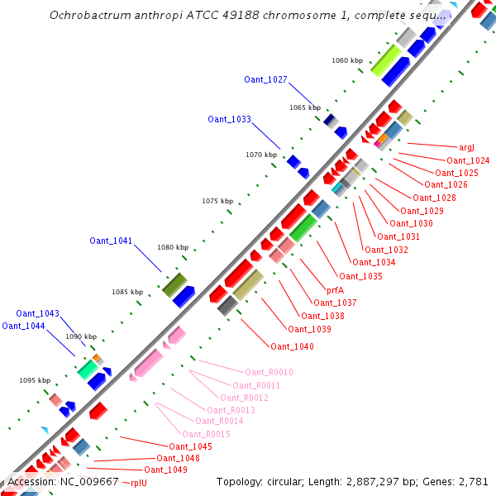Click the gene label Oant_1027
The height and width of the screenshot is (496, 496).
pyautogui.click(x=265, y=79)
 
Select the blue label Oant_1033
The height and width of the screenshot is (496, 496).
pyautogui.click(x=229, y=119)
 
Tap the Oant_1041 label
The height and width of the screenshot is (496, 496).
pyautogui.click(x=111, y=241)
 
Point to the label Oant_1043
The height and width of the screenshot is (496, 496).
pyautogui.click(x=37, y=313)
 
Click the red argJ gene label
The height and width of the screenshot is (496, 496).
pyautogui.click(x=466, y=147)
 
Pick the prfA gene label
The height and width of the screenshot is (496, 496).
pyautogui.click(x=335, y=290)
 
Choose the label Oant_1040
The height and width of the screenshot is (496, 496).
pyautogui.click(x=292, y=346)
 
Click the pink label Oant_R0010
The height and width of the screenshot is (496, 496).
pyautogui.click(x=269, y=372)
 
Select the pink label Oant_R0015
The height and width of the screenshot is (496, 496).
pyautogui.click(x=206, y=434)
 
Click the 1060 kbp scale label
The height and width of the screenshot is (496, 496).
pyautogui.click(x=347, y=60)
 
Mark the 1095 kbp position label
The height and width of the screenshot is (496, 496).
pyautogui.click(x=35, y=380)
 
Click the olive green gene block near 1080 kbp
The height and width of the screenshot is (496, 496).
pyautogui.click(x=174, y=285)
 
